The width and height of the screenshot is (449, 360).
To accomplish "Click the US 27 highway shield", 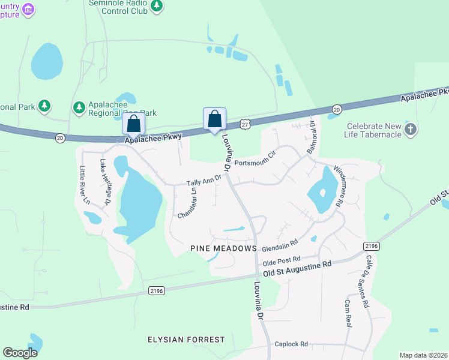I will click(244, 124).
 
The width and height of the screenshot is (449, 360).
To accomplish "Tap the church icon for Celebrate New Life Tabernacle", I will click(411, 129).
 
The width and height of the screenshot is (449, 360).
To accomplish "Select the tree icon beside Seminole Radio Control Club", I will click(157, 5).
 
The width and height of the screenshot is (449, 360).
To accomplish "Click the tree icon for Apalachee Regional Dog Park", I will click(79, 107).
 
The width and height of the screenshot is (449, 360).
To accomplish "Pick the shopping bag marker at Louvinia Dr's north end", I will click(215, 118).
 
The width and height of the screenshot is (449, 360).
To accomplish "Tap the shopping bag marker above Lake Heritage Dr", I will click(134, 124).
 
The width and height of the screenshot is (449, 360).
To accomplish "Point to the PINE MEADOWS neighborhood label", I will click(223, 248).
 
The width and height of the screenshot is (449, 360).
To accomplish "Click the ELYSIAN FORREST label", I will click(186, 340).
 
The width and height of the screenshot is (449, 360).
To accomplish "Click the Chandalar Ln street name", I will click(185, 202).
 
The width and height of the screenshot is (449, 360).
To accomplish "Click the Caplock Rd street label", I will click(291, 344).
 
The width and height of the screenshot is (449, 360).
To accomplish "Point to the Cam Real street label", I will click(347, 313).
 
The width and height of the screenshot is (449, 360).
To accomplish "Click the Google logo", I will click(21, 353).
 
